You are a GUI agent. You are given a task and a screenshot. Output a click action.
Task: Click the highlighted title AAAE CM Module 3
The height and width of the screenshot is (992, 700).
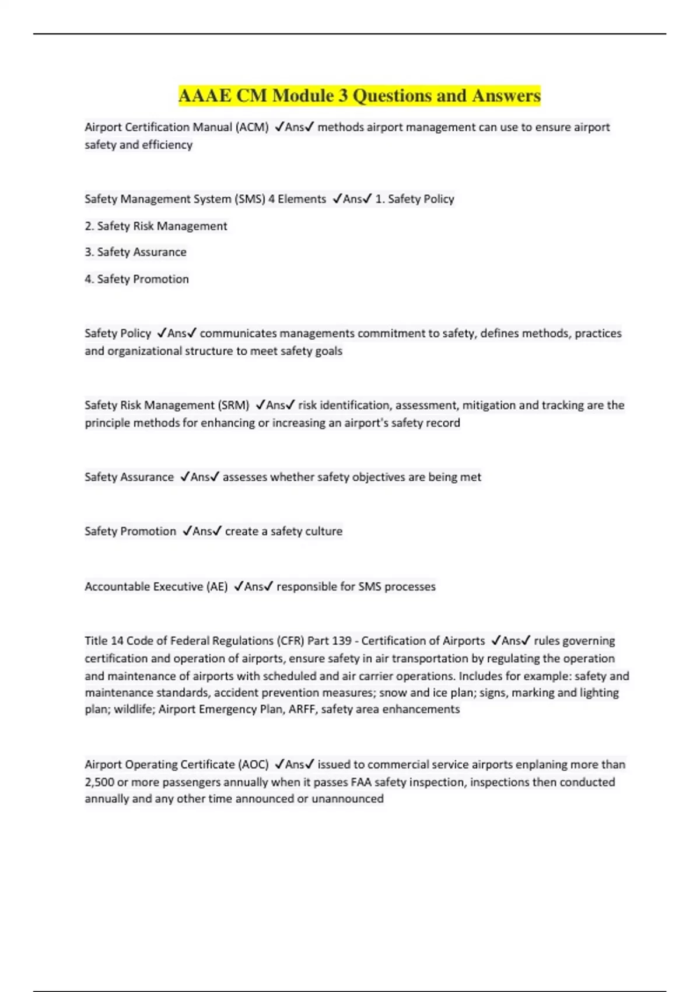[x=359, y=96]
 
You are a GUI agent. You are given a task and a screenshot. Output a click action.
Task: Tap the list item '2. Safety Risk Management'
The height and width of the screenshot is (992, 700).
[x=156, y=226]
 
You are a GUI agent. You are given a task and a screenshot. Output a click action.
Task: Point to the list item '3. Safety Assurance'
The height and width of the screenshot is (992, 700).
[x=135, y=252]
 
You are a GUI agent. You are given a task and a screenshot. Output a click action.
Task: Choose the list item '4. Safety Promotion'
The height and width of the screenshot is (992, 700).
[x=136, y=279]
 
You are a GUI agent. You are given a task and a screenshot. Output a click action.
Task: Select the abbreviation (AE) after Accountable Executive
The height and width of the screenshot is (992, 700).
[x=217, y=586]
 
